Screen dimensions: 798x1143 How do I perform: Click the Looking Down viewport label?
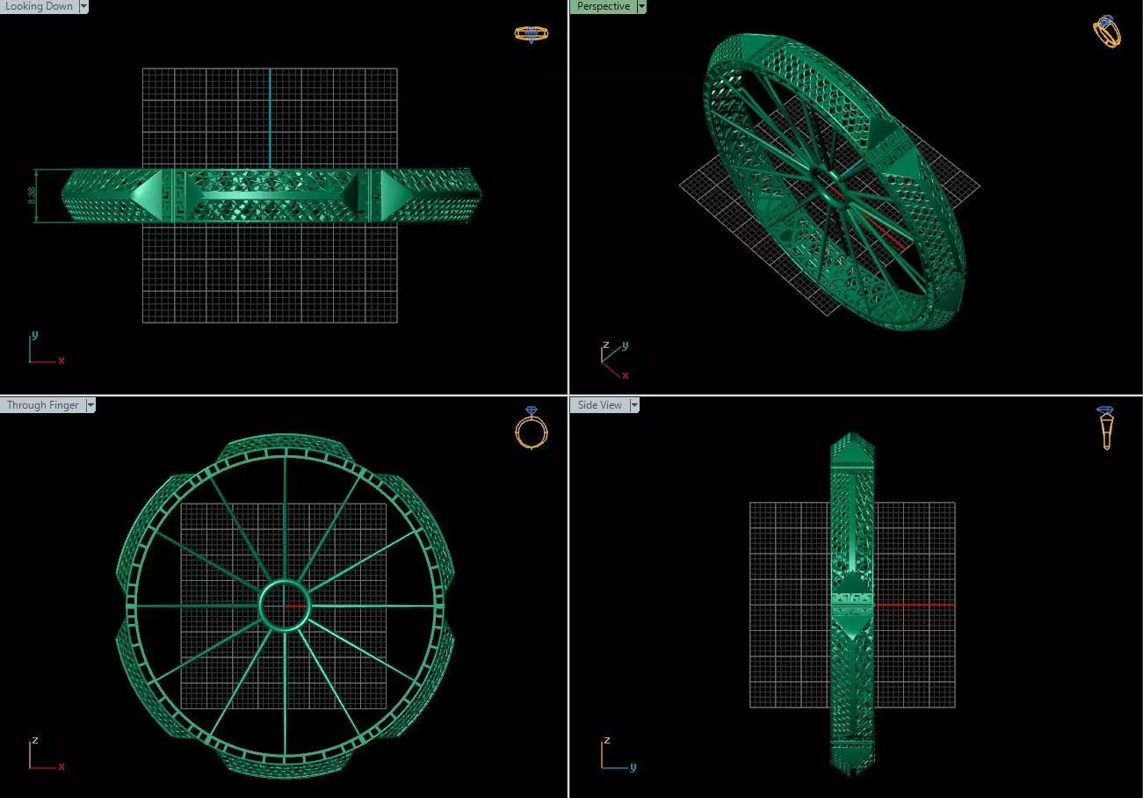tap(39, 6)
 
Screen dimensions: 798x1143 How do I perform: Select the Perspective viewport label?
tap(603, 6)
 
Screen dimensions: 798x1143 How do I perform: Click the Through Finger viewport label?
tap(42, 405)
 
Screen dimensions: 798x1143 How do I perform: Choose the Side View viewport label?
tap(600, 405)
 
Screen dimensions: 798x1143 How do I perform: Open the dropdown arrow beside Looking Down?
tap(83, 6)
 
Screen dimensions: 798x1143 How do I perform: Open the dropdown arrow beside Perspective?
tap(641, 6)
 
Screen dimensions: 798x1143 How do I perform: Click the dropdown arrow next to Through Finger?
tap(90, 405)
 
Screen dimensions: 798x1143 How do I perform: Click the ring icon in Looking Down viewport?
tap(531, 34)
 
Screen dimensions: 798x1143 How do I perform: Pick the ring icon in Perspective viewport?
tap(1107, 31)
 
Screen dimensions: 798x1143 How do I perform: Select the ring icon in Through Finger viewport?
tap(531, 427)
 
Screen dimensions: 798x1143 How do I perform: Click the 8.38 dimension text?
tap(33, 197)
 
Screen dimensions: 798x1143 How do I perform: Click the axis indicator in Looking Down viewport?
tap(41, 350)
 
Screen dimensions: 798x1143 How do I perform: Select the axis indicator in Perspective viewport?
tap(613, 359)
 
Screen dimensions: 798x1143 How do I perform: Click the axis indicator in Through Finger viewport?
tap(41, 754)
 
